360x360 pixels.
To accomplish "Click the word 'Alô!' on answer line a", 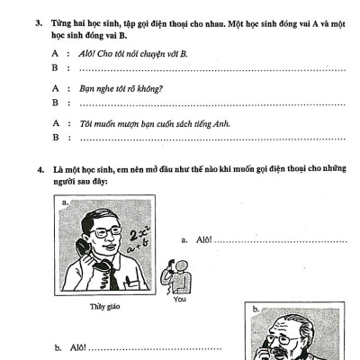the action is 202,240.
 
